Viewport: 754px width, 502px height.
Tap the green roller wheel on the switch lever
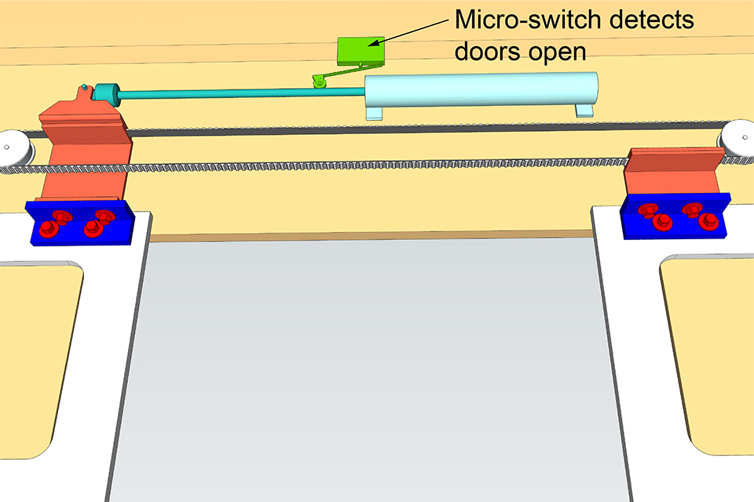click(x=317, y=81)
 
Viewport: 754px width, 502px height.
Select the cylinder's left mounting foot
click(x=375, y=115)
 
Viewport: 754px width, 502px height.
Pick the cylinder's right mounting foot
click(x=585, y=110)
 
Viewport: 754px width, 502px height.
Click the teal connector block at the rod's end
click(x=104, y=93)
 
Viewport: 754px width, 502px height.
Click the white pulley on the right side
click(x=738, y=138)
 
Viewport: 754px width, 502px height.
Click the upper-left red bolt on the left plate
click(x=58, y=215)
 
